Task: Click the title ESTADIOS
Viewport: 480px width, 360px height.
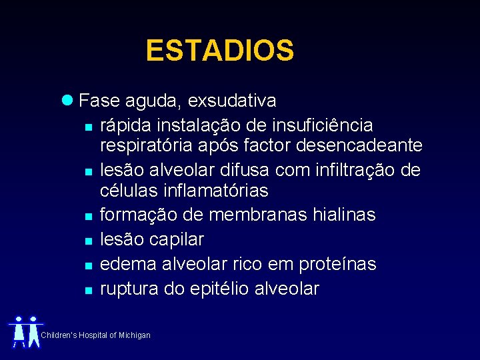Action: pyautogui.click(x=219, y=51)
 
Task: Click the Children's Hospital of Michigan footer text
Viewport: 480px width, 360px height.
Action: pyautogui.click(x=96, y=335)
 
